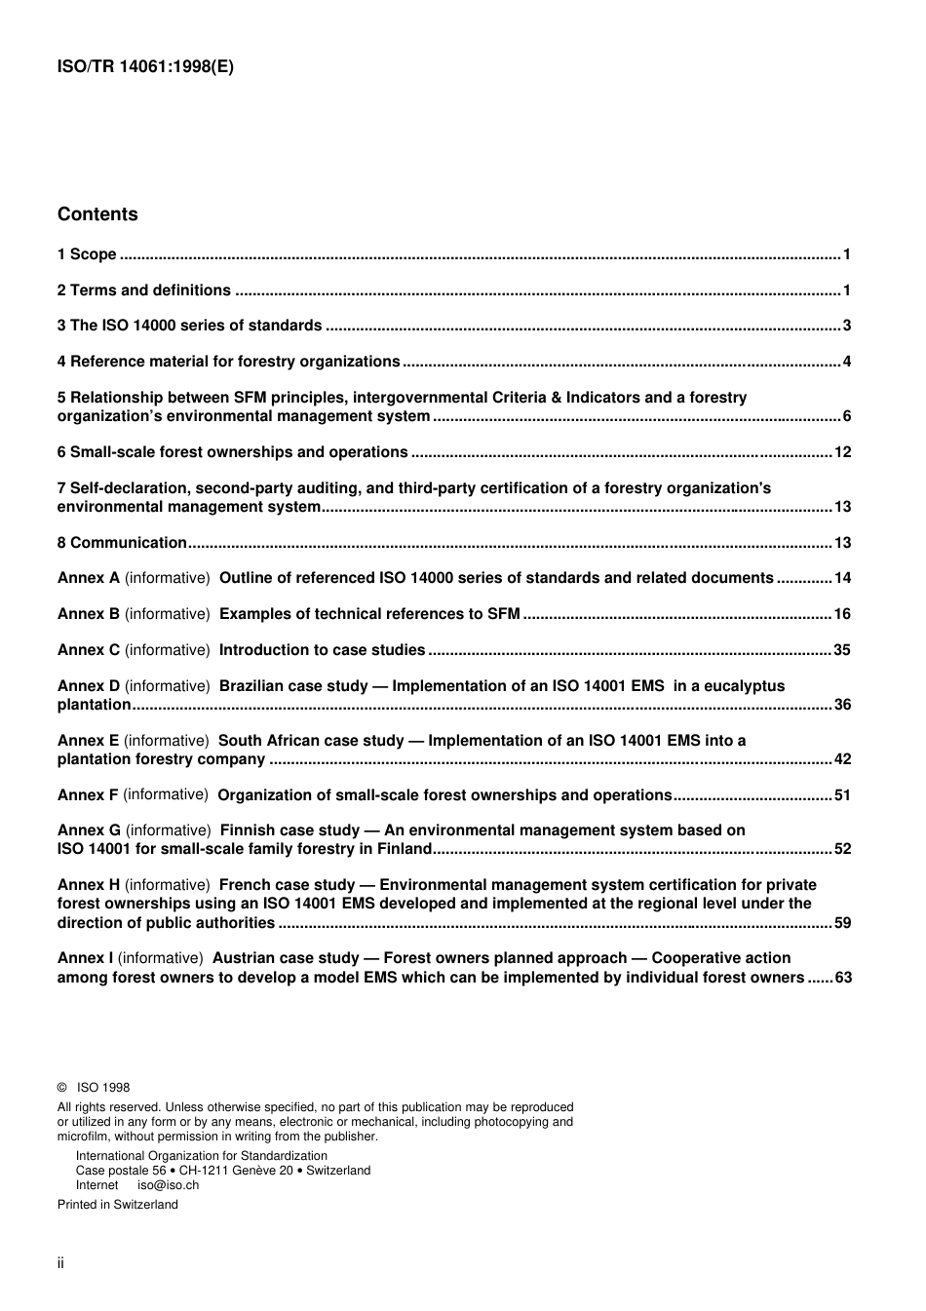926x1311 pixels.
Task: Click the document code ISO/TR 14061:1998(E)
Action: (145, 67)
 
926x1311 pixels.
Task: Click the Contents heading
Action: (97, 214)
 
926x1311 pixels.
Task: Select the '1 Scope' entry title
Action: (87, 254)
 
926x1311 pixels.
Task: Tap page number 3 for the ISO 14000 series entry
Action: (847, 326)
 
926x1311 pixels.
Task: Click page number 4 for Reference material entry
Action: (847, 362)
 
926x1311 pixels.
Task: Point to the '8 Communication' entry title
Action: (122, 543)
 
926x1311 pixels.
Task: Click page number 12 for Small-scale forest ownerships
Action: (843, 452)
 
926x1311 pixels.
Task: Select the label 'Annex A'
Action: (89, 578)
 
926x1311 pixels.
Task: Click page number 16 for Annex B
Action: (843, 614)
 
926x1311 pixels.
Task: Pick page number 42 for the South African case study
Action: (843, 759)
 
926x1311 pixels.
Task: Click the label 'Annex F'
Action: (88, 795)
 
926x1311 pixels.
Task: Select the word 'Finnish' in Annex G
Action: (248, 830)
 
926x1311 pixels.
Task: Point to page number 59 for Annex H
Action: (843, 923)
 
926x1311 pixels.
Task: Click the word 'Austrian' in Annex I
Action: (244, 958)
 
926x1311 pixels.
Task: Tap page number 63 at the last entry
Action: (843, 978)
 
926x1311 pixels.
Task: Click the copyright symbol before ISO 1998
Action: (62, 1088)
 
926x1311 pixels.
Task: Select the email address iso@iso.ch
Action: (168, 1185)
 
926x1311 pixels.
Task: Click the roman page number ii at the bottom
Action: (60, 1263)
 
